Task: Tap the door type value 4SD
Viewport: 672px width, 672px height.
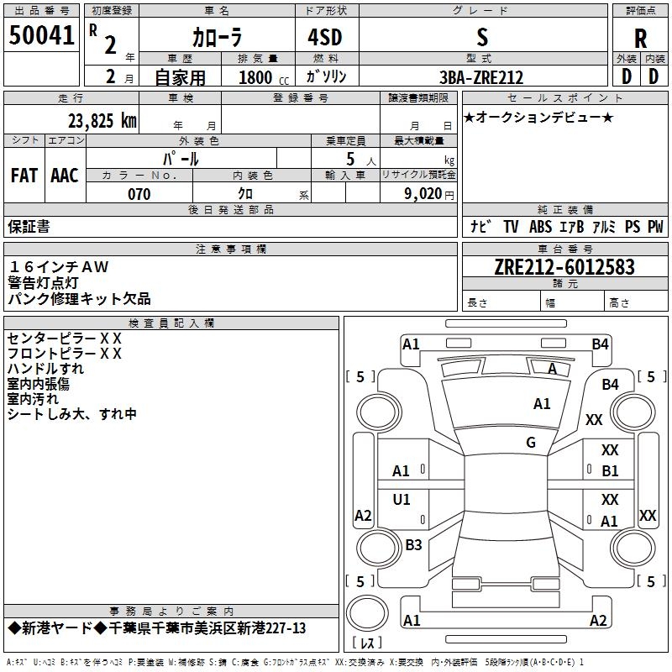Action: click(318, 37)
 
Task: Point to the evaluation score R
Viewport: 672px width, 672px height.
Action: click(640, 39)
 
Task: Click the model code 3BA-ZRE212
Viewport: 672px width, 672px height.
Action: click(481, 77)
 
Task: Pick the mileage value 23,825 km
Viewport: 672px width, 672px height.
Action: click(102, 120)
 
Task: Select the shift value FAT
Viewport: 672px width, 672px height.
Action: click(24, 176)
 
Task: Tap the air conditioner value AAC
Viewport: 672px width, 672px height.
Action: click(65, 176)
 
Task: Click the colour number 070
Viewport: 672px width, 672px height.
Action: click(139, 194)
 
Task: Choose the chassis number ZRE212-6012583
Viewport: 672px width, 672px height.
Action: click(564, 268)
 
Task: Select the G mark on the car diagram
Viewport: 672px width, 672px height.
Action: click(531, 443)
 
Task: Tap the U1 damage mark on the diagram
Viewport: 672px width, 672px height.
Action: click(402, 500)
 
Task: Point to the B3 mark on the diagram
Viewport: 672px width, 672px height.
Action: click(413, 545)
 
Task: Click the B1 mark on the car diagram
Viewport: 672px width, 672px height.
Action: click(610, 471)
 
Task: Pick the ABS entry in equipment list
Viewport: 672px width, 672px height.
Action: click(540, 227)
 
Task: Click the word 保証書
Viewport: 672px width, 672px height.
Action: click(29, 227)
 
